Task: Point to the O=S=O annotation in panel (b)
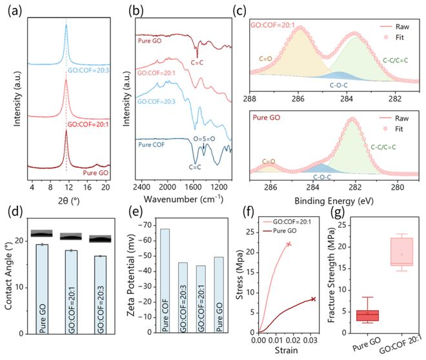pyautogui.click(x=212, y=135)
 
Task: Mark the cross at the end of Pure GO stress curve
pyautogui.click(x=314, y=299)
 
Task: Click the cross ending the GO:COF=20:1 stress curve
pyautogui.click(x=289, y=244)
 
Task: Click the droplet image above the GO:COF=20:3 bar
pyautogui.click(x=99, y=239)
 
